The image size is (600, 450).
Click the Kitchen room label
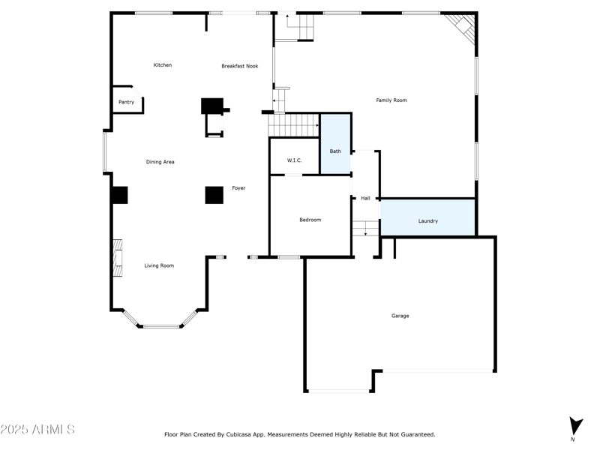tap(163, 65)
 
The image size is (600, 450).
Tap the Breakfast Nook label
tap(240, 66)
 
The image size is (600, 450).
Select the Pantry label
tap(126, 102)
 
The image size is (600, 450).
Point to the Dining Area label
tap(160, 162)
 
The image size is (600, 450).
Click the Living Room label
tap(159, 265)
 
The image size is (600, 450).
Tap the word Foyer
tap(238, 188)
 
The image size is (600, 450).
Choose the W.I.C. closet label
tap(294, 161)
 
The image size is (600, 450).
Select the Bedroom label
tap(310, 220)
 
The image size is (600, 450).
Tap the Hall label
tap(365, 199)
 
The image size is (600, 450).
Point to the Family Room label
tap(391, 100)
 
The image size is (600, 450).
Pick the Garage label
tap(400, 316)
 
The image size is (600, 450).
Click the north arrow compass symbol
tap(575, 426)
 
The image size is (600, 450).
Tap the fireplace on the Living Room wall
tap(118, 258)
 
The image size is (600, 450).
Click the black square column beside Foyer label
tap(214, 195)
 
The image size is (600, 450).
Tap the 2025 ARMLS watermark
tap(37, 430)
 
